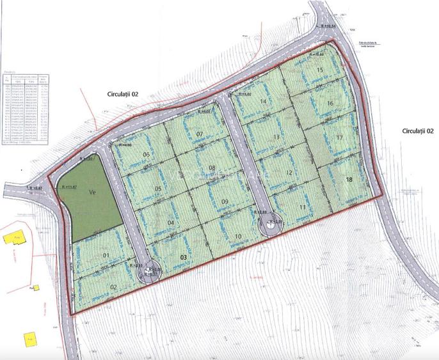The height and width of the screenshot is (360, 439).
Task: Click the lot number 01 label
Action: pos(107,256)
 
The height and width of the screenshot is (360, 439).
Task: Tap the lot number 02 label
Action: pos(113,286)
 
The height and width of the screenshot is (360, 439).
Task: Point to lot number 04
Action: pos(171,223)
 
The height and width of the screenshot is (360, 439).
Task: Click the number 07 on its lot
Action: pos(199,134)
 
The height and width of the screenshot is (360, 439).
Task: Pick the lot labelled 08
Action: pos(212,168)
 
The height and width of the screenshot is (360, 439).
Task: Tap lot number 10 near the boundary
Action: pos(238,236)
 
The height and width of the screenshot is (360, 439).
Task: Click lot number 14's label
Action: pos(262,101)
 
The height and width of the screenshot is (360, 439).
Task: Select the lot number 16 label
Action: pos(330,103)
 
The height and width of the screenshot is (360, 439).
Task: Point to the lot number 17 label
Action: pos(340,137)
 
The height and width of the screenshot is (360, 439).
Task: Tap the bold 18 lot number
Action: pos(349,180)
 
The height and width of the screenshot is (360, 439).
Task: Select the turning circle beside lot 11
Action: pos(267,225)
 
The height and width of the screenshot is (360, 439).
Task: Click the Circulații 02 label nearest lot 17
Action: pos(418,130)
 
